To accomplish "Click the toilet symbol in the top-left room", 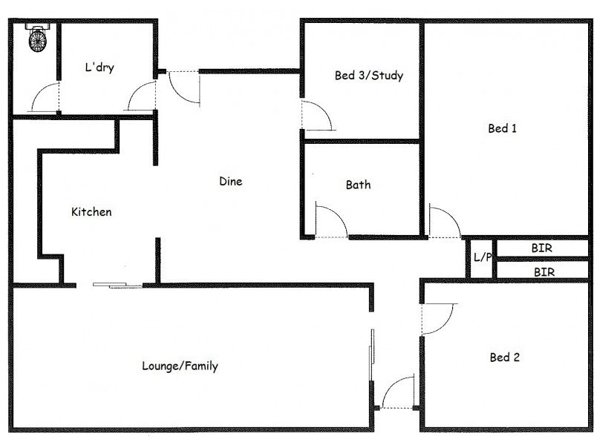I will tap(38, 38).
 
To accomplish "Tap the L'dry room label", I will tap(98, 67).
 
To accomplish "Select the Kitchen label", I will tap(91, 212).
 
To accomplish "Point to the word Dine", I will tap(230, 181).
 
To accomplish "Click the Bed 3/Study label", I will tap(368, 75).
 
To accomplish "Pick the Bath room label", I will tap(358, 185).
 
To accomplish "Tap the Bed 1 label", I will tap(502, 128).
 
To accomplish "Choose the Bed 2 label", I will tap(504, 357).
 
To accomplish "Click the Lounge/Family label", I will tap(180, 366).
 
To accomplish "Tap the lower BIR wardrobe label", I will tap(544, 272).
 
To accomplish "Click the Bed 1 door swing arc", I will tap(444, 221).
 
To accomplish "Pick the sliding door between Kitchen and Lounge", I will tap(117, 284).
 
